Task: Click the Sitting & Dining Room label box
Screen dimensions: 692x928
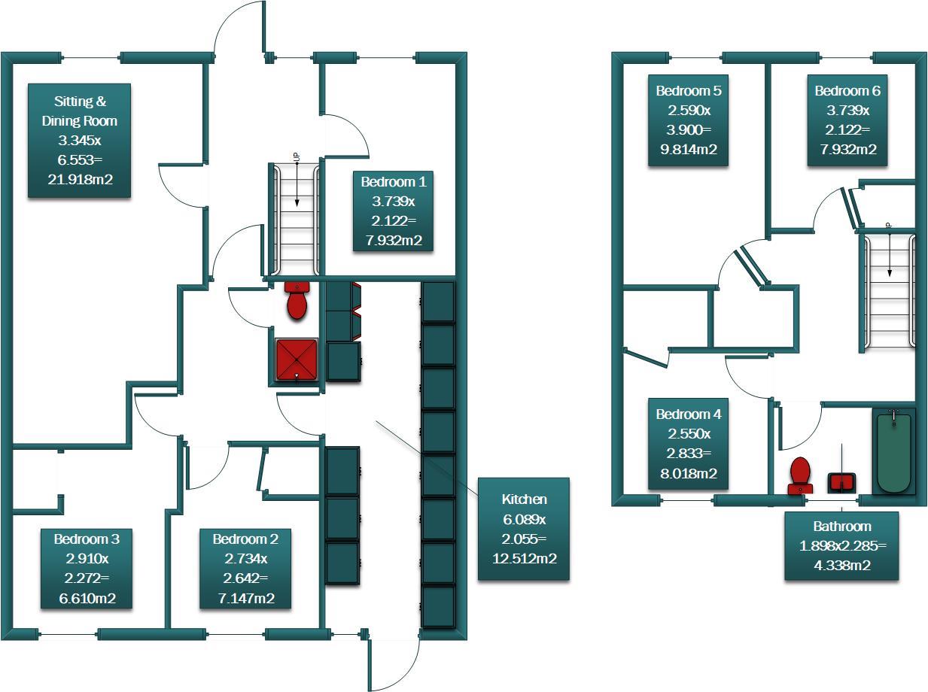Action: coord(79,141)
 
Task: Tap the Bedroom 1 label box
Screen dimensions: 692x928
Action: coord(393,211)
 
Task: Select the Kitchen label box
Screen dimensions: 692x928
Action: coord(524,529)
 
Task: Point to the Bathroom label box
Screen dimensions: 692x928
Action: coord(841,546)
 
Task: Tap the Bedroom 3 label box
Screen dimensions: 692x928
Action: coord(86,569)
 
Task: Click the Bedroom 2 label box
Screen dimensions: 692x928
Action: coord(245,569)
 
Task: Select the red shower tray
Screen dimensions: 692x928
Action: coord(297,359)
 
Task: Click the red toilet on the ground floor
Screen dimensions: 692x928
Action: coord(297,299)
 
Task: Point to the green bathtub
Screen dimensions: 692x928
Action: coord(893,451)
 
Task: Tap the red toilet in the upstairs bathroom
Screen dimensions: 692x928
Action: coord(799,475)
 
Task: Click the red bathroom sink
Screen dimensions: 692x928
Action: coord(842,481)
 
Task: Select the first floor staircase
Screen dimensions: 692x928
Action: coord(889,292)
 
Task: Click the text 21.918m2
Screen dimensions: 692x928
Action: coord(79,179)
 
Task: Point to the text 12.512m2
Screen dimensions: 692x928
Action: coord(524,558)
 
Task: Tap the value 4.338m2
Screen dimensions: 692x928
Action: coord(841,566)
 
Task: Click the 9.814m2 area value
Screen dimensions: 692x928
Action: coord(688,149)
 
